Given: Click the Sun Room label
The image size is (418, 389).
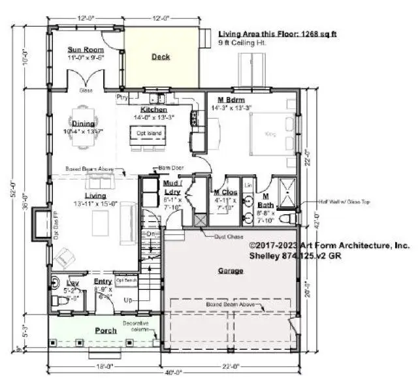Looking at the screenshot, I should [86, 50].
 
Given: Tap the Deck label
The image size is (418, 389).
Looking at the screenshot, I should [161, 57].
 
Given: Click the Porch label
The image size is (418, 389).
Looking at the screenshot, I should [105, 330].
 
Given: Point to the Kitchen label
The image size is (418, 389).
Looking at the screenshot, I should [153, 110].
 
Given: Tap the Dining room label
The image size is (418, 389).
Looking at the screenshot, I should [84, 123].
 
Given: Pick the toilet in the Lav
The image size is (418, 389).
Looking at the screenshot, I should [58, 301].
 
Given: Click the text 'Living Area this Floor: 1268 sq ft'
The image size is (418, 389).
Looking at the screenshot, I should [277, 33].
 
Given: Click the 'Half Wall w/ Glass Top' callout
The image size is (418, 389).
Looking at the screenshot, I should [344, 202].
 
